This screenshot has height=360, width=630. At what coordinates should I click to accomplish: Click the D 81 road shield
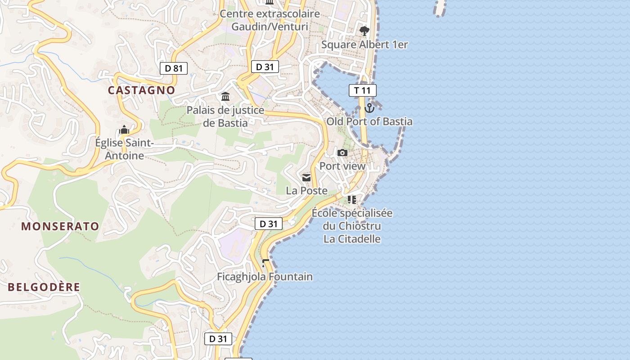(174, 68)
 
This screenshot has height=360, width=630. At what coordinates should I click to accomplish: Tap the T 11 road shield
(362, 90)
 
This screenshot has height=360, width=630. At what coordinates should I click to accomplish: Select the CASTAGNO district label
(141, 90)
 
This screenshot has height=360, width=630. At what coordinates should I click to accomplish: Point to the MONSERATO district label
(60, 226)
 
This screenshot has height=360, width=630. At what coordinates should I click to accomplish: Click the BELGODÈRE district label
(44, 287)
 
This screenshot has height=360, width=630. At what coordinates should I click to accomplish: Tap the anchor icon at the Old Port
(369, 108)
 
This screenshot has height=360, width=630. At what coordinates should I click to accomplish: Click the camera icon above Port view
(342, 153)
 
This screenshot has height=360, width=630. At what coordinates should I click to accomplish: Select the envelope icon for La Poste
(306, 178)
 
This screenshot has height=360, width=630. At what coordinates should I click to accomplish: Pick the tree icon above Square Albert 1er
(364, 31)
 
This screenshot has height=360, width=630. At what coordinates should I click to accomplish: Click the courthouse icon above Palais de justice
(225, 96)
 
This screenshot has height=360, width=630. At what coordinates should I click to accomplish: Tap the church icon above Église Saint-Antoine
(124, 130)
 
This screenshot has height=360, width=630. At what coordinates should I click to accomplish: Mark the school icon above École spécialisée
(351, 199)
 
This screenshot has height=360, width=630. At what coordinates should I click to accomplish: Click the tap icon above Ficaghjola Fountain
(265, 263)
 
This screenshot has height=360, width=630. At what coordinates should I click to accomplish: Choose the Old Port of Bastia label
(369, 121)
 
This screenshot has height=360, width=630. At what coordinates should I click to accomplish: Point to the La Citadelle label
(352, 239)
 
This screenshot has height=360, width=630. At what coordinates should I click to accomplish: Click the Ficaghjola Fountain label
(265, 277)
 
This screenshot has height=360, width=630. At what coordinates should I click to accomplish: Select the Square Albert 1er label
(364, 45)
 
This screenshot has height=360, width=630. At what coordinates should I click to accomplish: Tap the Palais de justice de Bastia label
(225, 116)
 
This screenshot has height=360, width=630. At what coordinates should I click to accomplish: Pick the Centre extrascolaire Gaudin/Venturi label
(270, 20)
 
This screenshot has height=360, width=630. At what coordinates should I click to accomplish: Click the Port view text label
(342, 166)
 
